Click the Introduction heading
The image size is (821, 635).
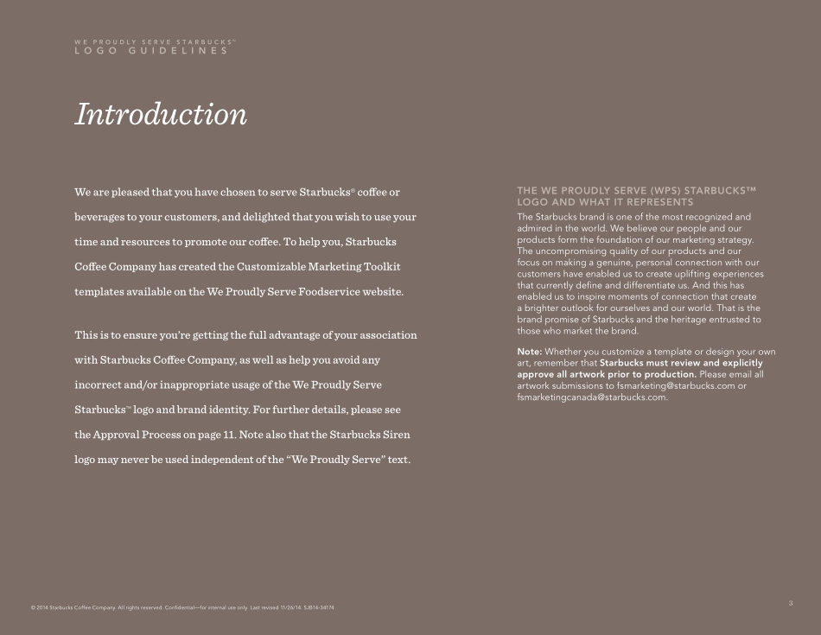(x=161, y=114)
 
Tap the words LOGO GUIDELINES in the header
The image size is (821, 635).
(x=151, y=51)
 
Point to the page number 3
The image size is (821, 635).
(x=791, y=602)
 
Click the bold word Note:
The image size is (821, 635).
(x=529, y=352)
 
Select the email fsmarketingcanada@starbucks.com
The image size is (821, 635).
(x=592, y=397)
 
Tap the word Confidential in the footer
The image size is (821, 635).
(x=181, y=608)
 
